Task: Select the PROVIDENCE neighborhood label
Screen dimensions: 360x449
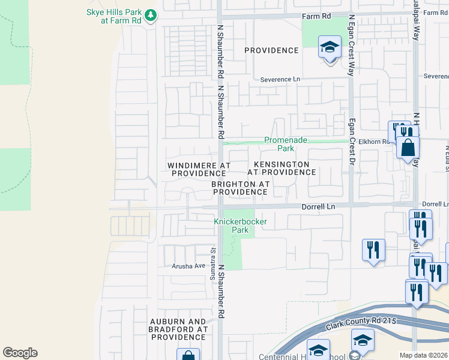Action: pyautogui.click(x=272, y=50)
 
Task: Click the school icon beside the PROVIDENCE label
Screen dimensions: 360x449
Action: pyautogui.click(x=330, y=47)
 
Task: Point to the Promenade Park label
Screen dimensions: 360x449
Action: pyautogui.click(x=286, y=144)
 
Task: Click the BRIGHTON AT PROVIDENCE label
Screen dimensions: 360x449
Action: pyautogui.click(x=239, y=188)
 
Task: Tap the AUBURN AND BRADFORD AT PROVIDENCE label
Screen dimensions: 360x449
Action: pyautogui.click(x=178, y=329)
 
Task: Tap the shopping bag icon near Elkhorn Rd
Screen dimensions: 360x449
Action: pyautogui.click(x=408, y=148)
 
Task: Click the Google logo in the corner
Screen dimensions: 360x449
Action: pyautogui.click(x=20, y=353)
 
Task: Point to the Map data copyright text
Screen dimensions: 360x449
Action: pyautogui.click(x=423, y=355)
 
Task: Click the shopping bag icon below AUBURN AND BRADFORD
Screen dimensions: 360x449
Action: pyautogui.click(x=188, y=356)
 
